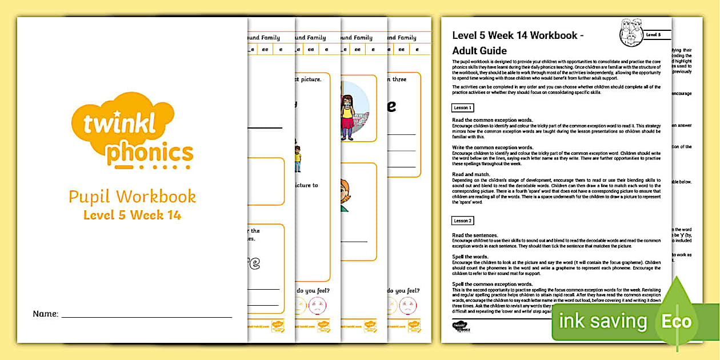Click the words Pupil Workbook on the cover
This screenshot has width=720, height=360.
[132, 197]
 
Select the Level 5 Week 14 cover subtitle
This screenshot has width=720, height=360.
[132, 215]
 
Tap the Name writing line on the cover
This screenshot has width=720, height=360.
[146, 316]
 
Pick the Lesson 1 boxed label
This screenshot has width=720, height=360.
[462, 107]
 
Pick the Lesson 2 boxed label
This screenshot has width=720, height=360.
[462, 221]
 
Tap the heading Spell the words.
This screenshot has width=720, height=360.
[470, 257]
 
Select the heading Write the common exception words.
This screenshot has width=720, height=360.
[492, 147]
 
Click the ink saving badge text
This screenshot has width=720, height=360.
[602, 321]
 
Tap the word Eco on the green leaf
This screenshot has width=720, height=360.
[677, 321]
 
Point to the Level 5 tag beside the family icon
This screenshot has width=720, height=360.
[653, 35]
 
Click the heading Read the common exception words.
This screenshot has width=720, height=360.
[492, 119]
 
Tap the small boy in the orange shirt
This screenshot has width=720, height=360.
[297, 158]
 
